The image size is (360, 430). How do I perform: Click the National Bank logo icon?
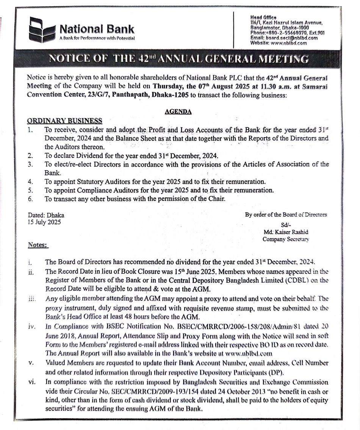(42, 30)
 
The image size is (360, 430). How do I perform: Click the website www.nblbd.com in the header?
(291, 43)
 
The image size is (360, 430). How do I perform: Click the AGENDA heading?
(178, 112)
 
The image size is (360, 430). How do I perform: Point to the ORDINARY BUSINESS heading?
(64, 121)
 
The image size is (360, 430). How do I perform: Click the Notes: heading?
(38, 245)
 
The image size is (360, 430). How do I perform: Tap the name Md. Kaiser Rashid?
(286, 232)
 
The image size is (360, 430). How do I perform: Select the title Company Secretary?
(286, 239)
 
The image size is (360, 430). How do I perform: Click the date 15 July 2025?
(44, 222)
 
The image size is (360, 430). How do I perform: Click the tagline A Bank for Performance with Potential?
(97, 38)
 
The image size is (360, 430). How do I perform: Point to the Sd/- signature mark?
(286, 224)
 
